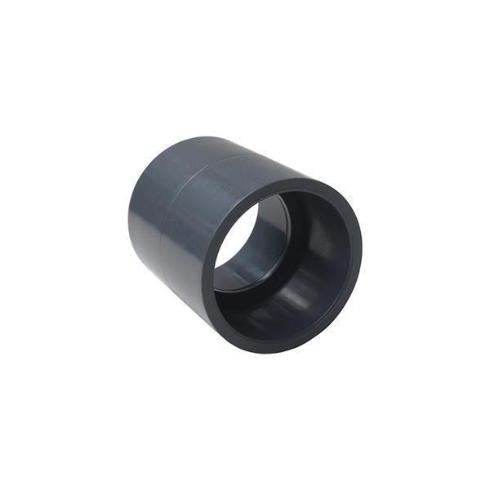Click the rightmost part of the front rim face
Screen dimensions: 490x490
(x=360, y=245)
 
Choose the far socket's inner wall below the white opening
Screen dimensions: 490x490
(x=245, y=274)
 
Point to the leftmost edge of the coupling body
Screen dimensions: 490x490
(x=128, y=216)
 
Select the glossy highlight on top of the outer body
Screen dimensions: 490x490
(x=220, y=163)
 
